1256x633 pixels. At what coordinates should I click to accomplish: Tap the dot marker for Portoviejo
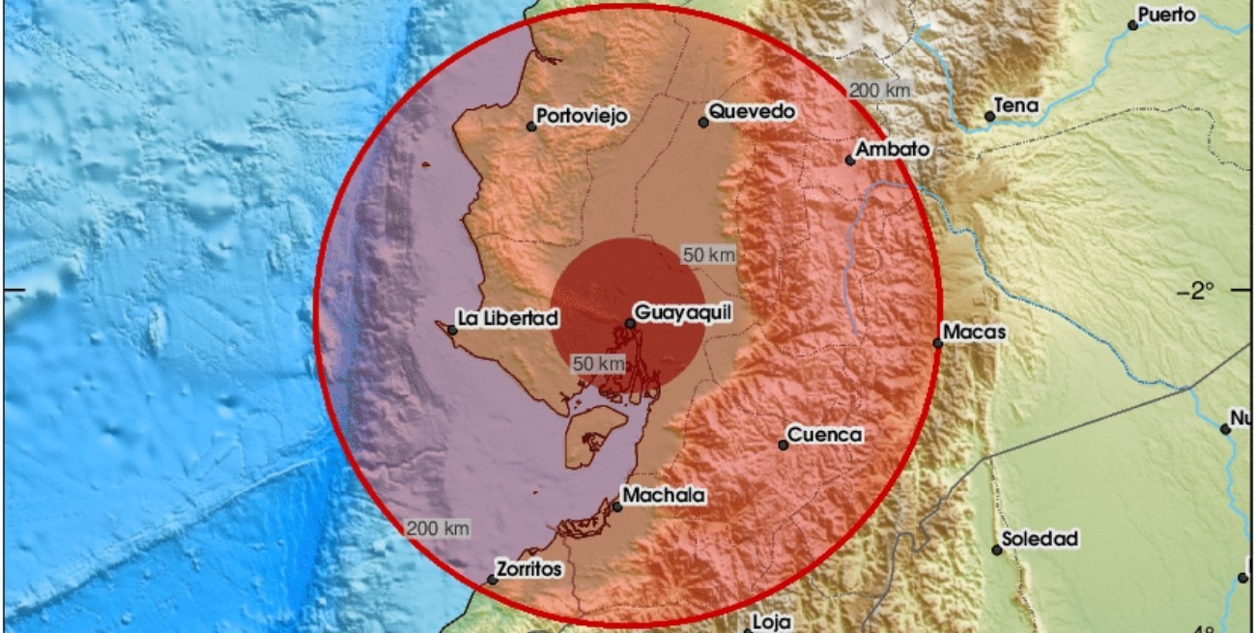click(x=531, y=126)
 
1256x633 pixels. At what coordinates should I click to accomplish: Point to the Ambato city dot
click(x=850, y=160)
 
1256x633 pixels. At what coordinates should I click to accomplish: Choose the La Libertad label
click(x=508, y=317)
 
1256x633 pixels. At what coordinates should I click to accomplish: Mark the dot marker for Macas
click(x=937, y=343)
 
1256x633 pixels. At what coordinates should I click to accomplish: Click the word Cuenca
click(x=824, y=435)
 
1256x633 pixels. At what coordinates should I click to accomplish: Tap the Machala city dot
click(x=617, y=506)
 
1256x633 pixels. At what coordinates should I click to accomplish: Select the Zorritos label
click(x=528, y=569)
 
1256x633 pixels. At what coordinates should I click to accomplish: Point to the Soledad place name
click(x=1040, y=539)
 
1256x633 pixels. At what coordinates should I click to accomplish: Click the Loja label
click(x=772, y=622)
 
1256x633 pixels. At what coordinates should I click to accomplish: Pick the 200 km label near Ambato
click(x=880, y=91)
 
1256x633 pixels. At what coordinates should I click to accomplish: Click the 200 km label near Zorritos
click(x=438, y=528)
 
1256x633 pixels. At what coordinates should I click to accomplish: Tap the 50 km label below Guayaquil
click(x=599, y=363)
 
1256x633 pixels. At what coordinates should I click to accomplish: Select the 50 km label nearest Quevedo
click(x=709, y=256)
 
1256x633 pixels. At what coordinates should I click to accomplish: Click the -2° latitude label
click(x=1204, y=290)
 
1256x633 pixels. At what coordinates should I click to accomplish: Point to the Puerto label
click(x=1167, y=14)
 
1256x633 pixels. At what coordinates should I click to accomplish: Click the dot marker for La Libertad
click(x=452, y=331)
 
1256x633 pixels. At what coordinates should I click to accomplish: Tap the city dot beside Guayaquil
click(x=630, y=323)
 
